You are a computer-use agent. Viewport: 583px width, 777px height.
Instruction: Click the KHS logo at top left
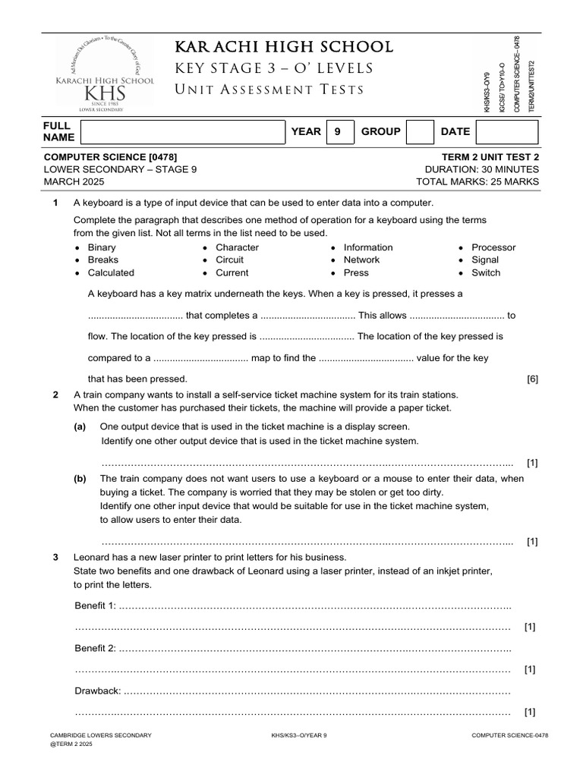pyautogui.click(x=106, y=76)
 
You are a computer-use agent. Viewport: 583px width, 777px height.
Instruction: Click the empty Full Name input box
pyautogui.click(x=182, y=131)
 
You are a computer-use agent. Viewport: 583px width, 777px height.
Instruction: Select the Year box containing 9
pyautogui.click(x=338, y=131)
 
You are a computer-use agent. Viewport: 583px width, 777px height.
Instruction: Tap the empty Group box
pyautogui.click(x=421, y=131)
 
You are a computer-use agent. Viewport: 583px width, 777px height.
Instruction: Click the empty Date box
pyautogui.click(x=506, y=131)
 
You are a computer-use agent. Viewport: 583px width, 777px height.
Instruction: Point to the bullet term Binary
pyautogui.click(x=102, y=247)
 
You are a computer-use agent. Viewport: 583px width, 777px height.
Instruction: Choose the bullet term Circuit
pyautogui.click(x=231, y=260)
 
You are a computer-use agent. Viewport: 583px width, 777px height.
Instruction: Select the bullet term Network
pyautogui.click(x=361, y=260)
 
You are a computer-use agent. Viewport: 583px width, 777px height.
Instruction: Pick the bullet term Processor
pyautogui.click(x=493, y=247)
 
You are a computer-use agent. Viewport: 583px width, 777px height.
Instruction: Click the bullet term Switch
pyautogui.click(x=486, y=272)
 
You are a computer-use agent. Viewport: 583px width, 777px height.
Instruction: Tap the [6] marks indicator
pyautogui.click(x=532, y=379)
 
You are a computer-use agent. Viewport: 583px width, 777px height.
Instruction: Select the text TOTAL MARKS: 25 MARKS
pyautogui.click(x=477, y=182)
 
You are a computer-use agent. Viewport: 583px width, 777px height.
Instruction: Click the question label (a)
pyautogui.click(x=80, y=427)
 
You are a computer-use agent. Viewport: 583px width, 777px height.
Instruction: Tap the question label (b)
pyautogui.click(x=80, y=479)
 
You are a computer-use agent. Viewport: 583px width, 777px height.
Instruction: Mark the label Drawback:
pyautogui.click(x=97, y=690)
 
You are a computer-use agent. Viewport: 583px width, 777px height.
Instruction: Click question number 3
pyautogui.click(x=55, y=557)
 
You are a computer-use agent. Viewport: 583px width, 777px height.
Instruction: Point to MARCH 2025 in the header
pyautogui.click(x=74, y=182)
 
